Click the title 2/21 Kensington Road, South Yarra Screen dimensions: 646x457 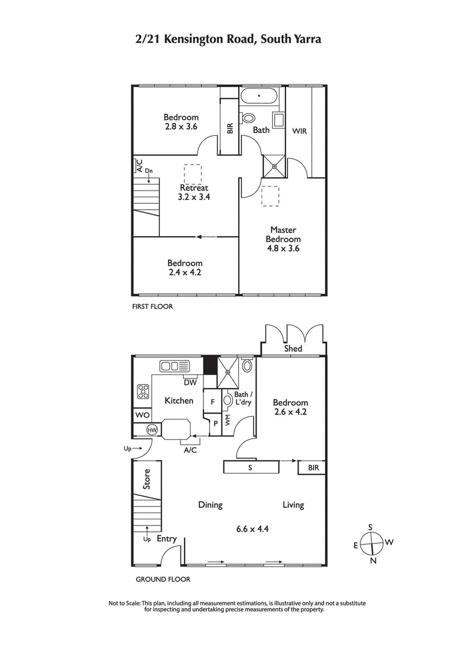(228, 39)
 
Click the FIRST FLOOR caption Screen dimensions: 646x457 (152, 306)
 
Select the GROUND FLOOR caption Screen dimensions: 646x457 (162, 579)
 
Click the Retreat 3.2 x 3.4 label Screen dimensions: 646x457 (194, 192)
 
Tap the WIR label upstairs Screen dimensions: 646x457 (299, 131)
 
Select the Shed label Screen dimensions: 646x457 (293, 349)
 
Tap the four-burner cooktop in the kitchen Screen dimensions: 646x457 (143, 392)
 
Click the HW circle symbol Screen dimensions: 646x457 (153, 430)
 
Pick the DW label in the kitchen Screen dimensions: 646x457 (190, 382)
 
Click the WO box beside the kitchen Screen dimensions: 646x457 (142, 415)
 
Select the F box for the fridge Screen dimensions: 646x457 (212, 402)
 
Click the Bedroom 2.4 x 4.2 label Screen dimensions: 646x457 (185, 268)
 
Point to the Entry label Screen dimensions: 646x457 (166, 539)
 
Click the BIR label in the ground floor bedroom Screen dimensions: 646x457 (312, 467)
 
